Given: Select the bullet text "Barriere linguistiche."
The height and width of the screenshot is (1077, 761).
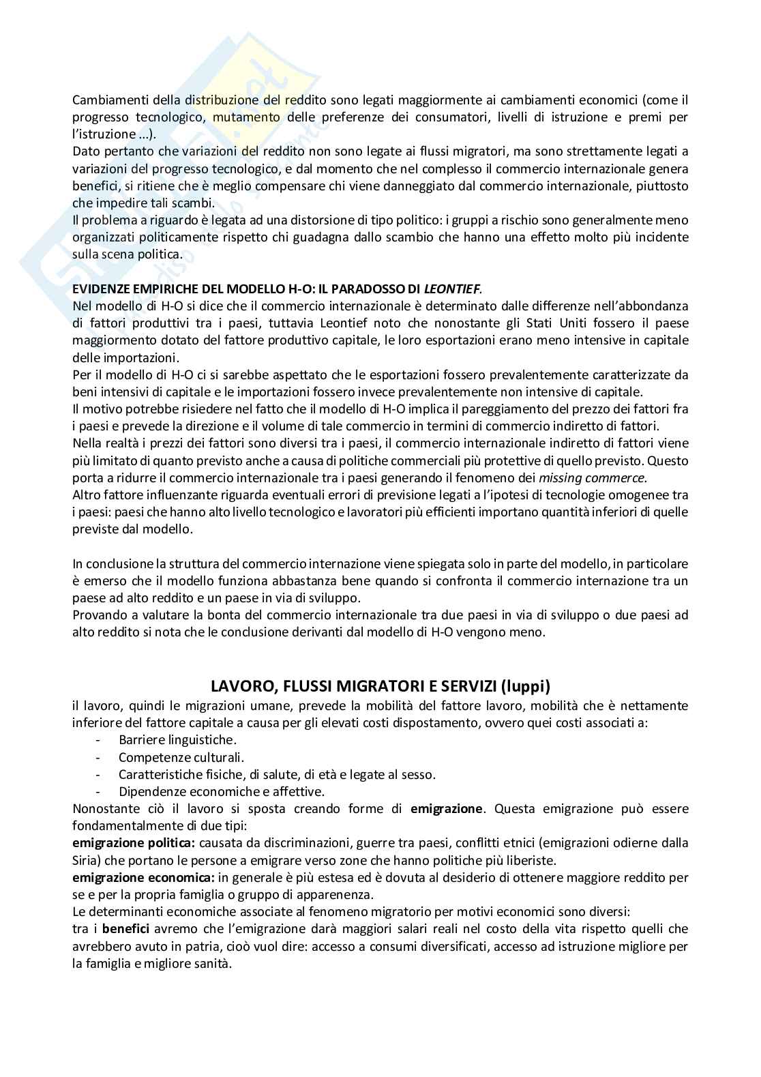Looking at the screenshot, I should (177, 739).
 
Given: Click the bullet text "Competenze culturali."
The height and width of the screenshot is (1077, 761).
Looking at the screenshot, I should (181, 757).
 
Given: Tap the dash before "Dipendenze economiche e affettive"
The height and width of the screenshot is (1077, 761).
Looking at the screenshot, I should (100, 792).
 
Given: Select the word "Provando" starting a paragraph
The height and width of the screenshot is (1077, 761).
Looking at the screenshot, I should (97, 615).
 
